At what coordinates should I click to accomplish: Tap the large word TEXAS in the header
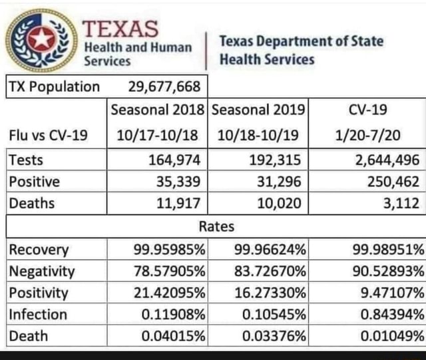pyautogui.click(x=120, y=29)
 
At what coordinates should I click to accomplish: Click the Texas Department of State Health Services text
pyautogui.click(x=301, y=50)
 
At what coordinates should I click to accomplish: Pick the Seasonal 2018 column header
pyautogui.click(x=158, y=109)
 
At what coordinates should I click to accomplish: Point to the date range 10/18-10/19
pyautogui.click(x=258, y=136)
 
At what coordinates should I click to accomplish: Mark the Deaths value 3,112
pyautogui.click(x=401, y=204)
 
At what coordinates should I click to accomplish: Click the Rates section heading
pyautogui.click(x=216, y=226)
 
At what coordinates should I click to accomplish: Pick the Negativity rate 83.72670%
pyautogui.click(x=270, y=271)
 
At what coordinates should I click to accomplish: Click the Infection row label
pyautogui.click(x=38, y=314)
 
